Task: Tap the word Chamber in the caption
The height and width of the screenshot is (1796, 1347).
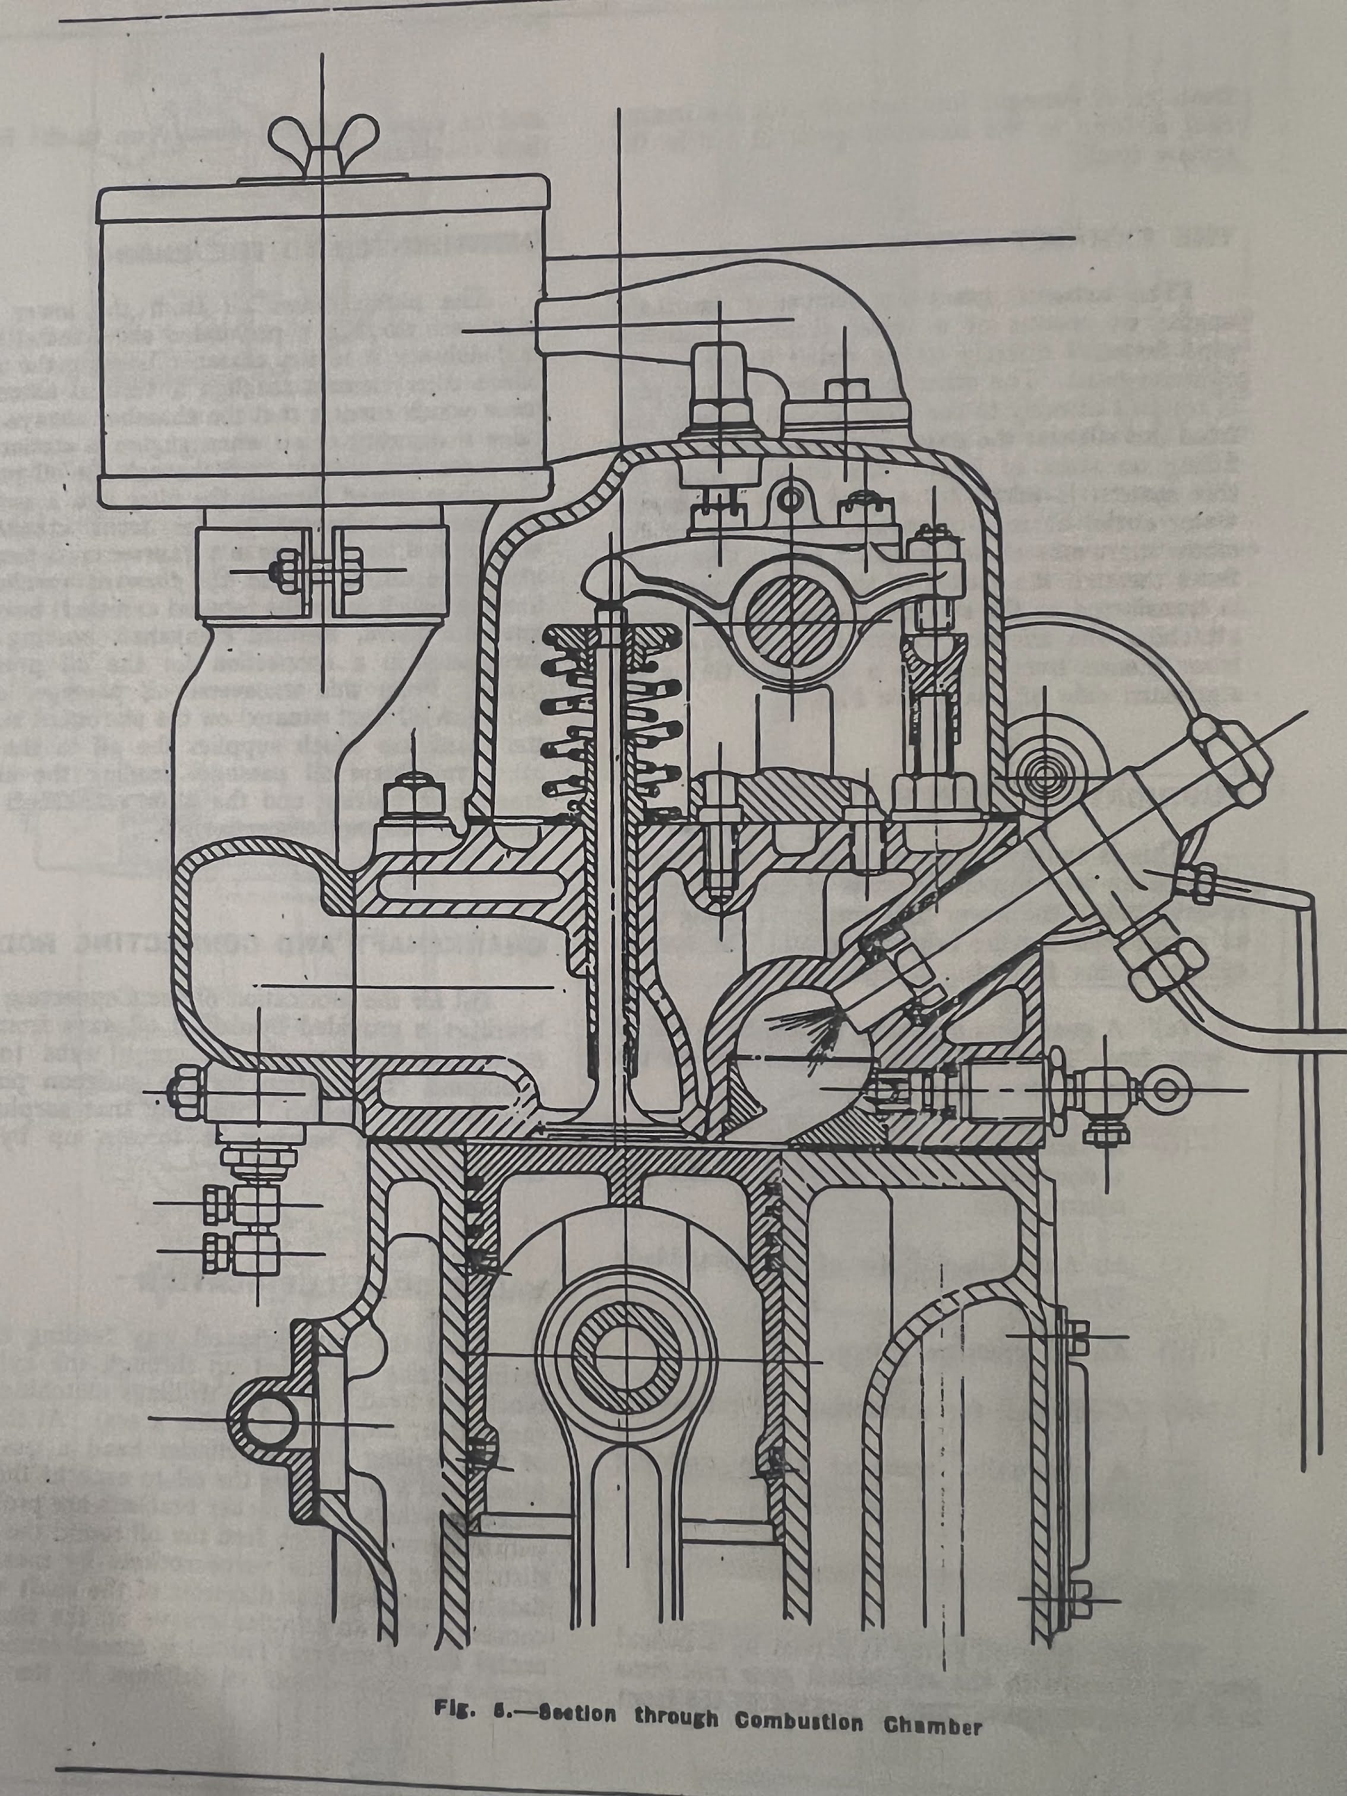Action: click(x=933, y=1725)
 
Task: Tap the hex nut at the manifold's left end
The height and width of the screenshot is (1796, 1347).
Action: click(x=186, y=1090)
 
